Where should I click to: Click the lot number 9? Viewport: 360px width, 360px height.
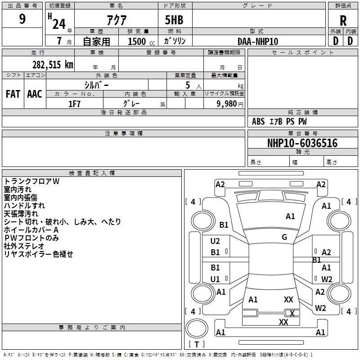click(22, 18)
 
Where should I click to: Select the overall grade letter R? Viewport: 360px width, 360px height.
click(343, 21)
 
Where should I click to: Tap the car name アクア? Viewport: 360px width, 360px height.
click(117, 20)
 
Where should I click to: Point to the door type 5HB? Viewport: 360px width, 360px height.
click(174, 20)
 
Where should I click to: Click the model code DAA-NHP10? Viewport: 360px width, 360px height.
click(258, 41)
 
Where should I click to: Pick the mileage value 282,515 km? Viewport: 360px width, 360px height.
click(53, 65)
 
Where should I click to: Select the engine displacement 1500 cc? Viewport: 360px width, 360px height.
click(141, 42)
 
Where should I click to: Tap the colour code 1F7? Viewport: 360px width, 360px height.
click(74, 104)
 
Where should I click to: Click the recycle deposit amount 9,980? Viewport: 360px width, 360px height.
click(227, 104)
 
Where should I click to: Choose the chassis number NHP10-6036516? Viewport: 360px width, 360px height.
click(302, 143)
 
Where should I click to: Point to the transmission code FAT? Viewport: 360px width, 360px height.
click(13, 94)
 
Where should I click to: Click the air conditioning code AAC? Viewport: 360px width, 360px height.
click(35, 94)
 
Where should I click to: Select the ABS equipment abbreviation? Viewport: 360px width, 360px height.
click(258, 121)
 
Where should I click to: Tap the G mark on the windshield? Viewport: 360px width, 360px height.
click(284, 237)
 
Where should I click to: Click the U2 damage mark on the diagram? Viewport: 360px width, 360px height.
click(215, 241)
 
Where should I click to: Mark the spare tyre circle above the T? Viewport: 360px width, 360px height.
click(197, 328)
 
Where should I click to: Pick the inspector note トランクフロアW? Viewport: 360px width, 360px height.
click(31, 181)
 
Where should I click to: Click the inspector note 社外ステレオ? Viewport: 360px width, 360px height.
click(24, 246)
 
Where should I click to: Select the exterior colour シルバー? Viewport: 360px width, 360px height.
click(96, 85)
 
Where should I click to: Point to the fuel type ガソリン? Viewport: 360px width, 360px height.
click(175, 41)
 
